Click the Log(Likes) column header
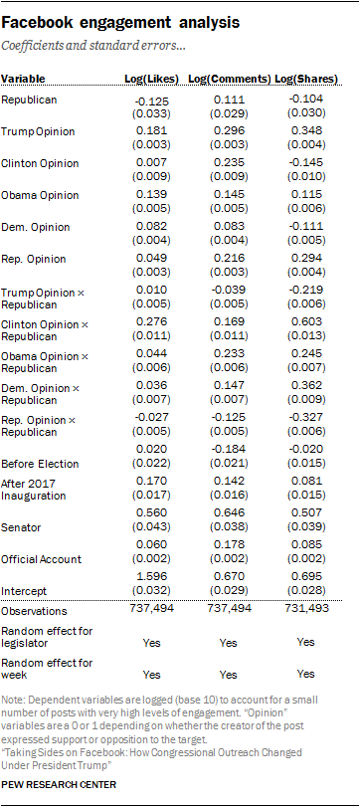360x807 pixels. (152, 79)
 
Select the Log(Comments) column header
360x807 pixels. (230, 79)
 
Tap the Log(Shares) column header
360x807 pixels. (306, 79)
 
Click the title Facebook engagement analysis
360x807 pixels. (121, 23)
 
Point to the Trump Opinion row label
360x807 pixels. (38, 131)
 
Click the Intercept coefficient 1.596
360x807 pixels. (152, 576)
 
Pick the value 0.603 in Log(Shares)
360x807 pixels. (306, 322)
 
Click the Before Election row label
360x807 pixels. (40, 464)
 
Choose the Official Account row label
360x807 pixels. (41, 559)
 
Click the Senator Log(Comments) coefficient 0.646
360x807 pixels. (229, 512)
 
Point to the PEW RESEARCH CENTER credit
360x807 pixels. (59, 784)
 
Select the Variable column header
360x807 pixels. (23, 79)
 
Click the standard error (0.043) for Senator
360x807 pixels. (152, 527)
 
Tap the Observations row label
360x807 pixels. (34, 611)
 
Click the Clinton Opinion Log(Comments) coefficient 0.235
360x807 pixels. (229, 163)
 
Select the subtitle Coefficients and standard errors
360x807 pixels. (94, 46)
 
